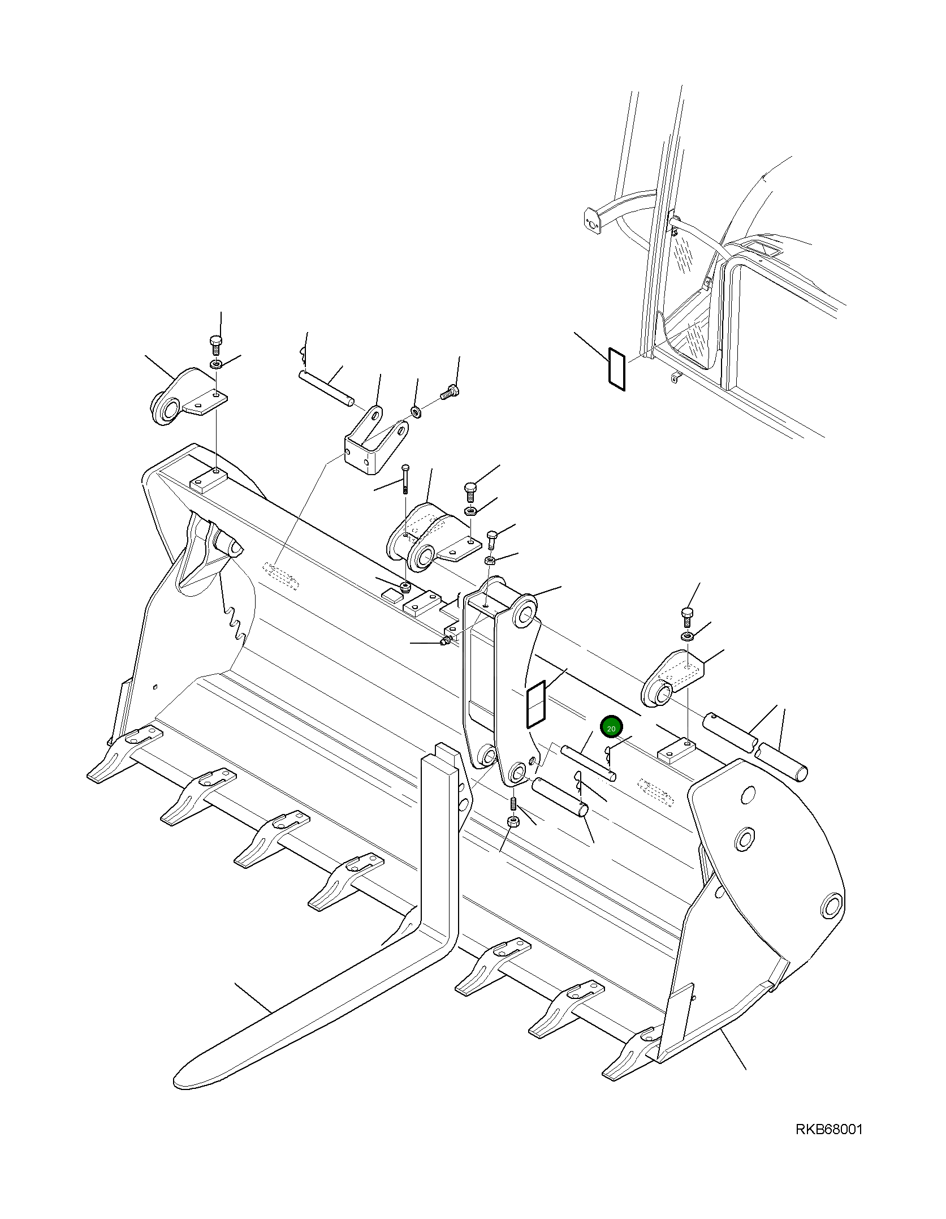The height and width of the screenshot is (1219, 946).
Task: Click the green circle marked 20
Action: (611, 729)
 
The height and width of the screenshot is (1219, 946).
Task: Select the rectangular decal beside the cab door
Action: (616, 369)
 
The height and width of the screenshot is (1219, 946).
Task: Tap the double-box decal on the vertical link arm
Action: (535, 704)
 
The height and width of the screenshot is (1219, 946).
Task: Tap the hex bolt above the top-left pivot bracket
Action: (215, 343)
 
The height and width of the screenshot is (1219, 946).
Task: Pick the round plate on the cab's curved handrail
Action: (591, 222)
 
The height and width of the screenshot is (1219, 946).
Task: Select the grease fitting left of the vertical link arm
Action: (446, 641)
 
